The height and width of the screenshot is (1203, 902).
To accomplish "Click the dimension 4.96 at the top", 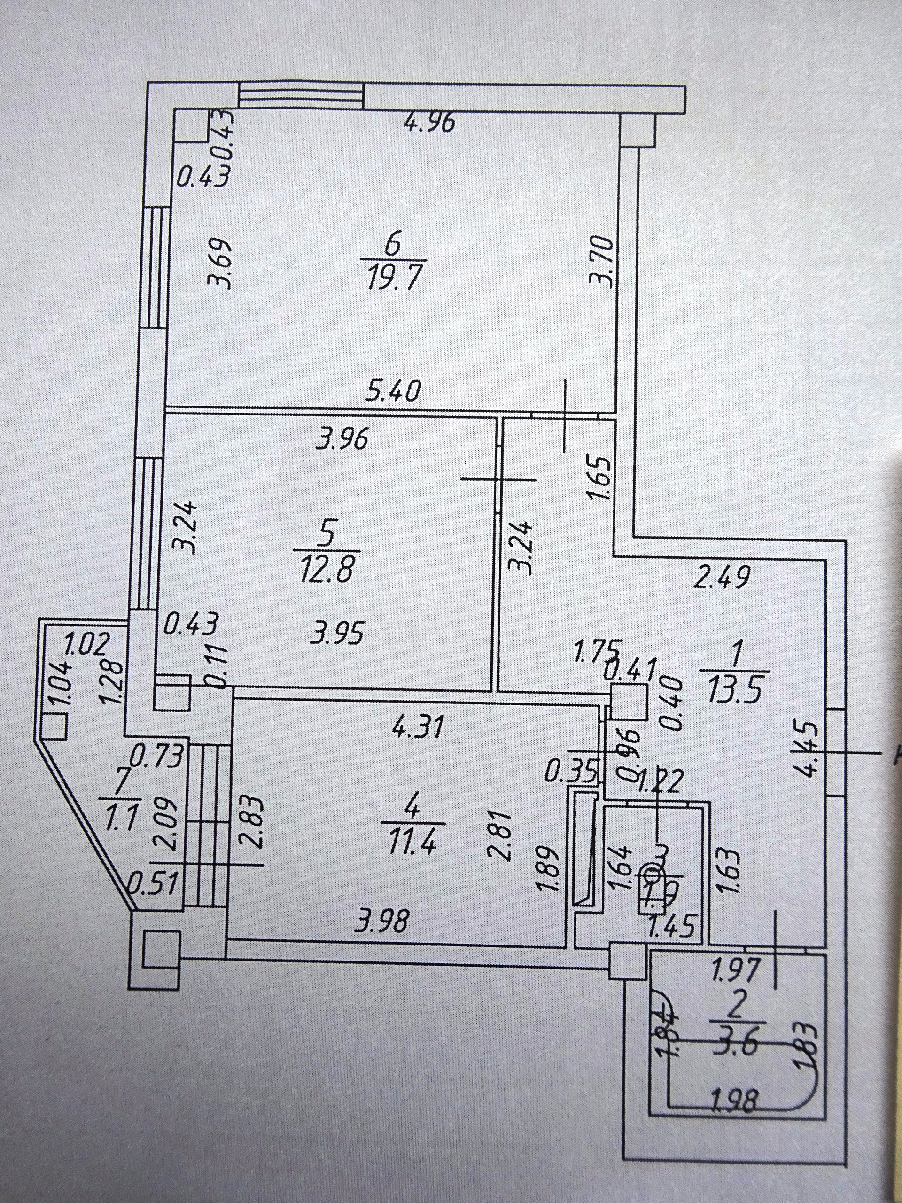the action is [429, 124].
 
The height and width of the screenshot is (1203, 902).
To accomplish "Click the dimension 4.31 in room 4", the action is [419, 726].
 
